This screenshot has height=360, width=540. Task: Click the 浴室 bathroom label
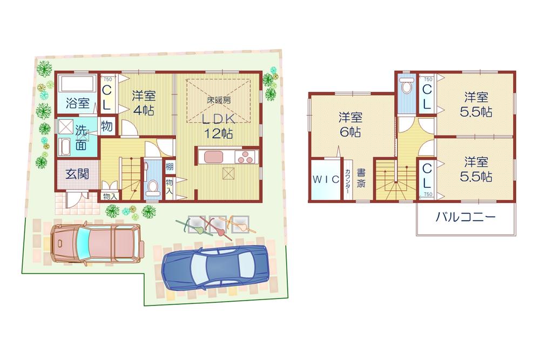(78, 103)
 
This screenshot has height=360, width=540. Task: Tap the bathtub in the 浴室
(78, 84)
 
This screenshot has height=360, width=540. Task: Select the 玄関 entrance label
(77, 174)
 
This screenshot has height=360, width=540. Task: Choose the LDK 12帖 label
(218, 126)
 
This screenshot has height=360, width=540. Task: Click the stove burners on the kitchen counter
(245, 157)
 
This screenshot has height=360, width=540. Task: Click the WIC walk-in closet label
(326, 180)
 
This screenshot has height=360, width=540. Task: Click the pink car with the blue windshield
(96, 243)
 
